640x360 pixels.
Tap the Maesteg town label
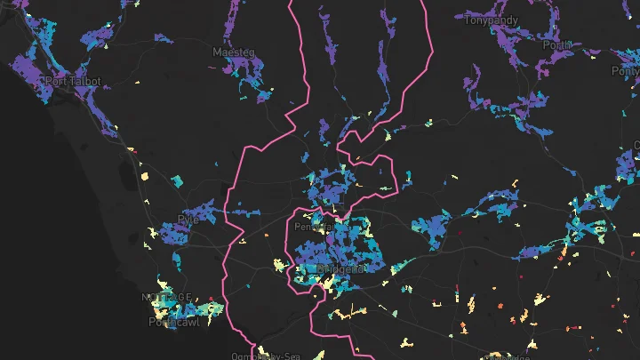pos(234,53)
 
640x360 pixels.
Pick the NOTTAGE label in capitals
pos(166,297)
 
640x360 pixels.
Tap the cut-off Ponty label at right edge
pos(626,71)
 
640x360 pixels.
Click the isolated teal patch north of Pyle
pos(176,181)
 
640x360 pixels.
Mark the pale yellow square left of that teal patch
pos(145,177)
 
